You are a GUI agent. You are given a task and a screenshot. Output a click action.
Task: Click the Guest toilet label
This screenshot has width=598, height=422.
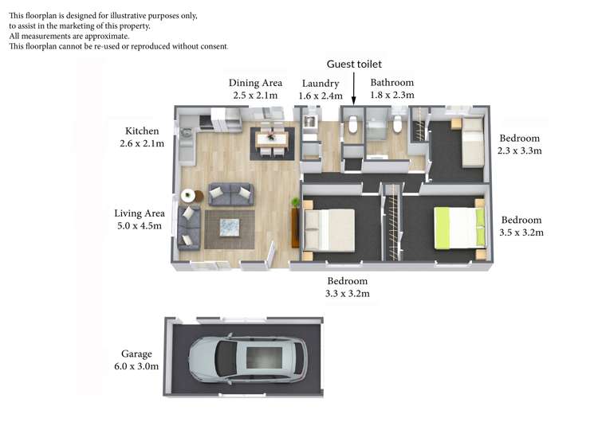(354, 64)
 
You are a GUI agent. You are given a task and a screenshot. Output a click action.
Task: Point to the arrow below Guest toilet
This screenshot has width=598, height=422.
(353, 88)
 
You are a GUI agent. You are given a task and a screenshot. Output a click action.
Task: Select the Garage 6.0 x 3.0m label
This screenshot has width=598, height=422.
(136, 360)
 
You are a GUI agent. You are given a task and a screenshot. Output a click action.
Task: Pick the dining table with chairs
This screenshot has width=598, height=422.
(272, 139)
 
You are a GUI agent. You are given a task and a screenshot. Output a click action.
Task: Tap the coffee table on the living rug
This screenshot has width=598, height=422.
(230, 228)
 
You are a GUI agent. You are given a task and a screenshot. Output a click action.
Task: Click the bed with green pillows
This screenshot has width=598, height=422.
(460, 228)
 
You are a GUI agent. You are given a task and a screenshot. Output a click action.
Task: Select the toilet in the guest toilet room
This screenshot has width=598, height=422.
(352, 125)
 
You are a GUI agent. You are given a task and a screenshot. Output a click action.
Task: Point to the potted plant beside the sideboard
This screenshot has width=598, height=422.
(296, 202)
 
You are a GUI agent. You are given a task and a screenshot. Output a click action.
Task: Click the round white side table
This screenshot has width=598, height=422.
(188, 195)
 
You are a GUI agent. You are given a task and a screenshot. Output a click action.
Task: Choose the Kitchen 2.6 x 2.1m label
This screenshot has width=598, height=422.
(142, 137)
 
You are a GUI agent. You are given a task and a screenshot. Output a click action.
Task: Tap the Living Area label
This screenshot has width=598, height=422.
(140, 213)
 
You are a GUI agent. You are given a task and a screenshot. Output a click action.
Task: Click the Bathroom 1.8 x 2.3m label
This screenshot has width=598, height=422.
(392, 88)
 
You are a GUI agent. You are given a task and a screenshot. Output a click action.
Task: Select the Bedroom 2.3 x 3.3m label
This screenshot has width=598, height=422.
(519, 144)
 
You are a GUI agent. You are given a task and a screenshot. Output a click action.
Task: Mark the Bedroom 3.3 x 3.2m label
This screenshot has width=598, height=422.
(348, 287)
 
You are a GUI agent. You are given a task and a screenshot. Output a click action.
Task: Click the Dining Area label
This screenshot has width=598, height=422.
(255, 83)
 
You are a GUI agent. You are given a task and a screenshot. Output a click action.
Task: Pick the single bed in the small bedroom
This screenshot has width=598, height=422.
(473, 143)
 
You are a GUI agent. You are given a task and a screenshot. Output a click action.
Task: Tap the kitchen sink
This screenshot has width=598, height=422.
(186, 133)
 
